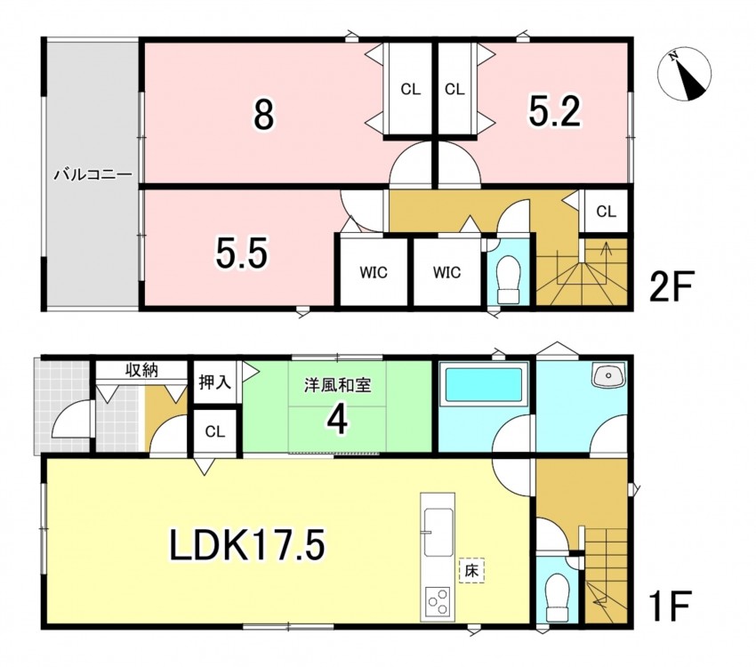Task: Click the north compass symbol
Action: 685,74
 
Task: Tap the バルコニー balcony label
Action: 92,174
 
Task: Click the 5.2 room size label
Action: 554,111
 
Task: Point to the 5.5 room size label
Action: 241,253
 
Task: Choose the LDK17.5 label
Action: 247,544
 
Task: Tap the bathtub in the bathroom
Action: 484,384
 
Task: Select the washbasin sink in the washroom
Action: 608,376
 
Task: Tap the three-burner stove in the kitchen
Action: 438,602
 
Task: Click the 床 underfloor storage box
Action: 471,571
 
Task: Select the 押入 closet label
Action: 215,382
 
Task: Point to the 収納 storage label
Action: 141,370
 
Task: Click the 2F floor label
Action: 671,286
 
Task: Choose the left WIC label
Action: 374,273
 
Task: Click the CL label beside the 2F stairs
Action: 606,212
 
